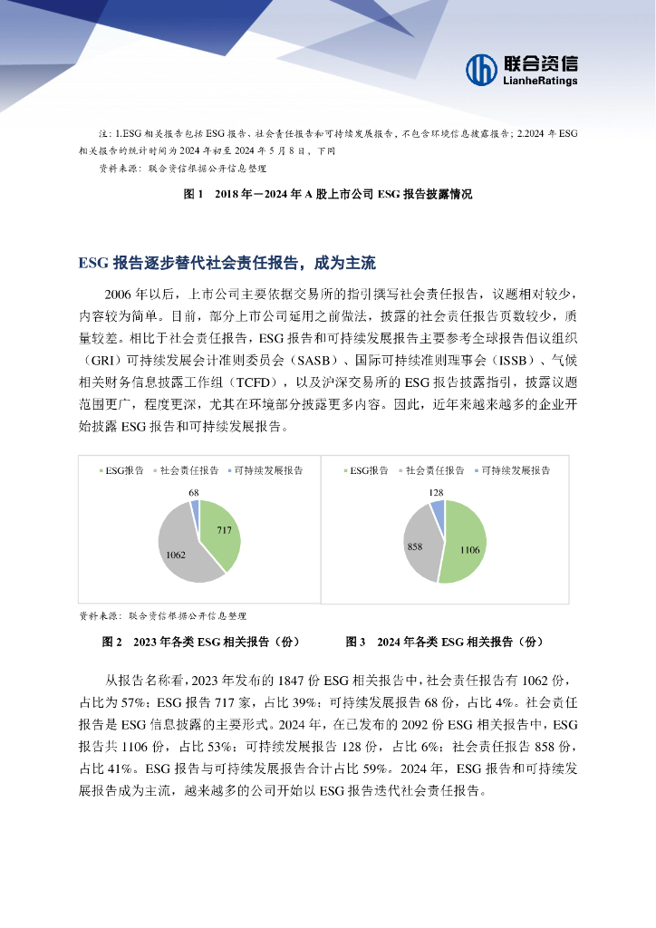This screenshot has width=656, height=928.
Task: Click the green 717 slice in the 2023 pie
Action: [220, 535]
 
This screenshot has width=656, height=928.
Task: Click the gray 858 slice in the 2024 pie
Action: [420, 544]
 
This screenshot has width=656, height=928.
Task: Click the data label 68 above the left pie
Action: [194, 492]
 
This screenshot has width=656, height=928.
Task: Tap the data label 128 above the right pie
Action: [435, 492]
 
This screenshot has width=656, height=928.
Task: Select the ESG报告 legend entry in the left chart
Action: [121, 470]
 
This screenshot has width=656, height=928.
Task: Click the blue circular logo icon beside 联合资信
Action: [482, 69]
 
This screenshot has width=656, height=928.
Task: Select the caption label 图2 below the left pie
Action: [113, 642]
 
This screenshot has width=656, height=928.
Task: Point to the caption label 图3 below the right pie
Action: [355, 642]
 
